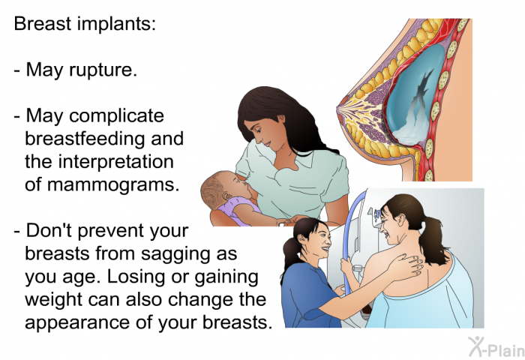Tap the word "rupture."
pos(103,70)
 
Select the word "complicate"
pos(116,116)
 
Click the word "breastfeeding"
pos(84,138)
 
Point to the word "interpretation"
pos(115,162)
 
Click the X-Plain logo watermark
pos(496,347)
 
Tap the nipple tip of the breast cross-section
pos(339,108)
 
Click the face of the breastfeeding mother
pos(265,133)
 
